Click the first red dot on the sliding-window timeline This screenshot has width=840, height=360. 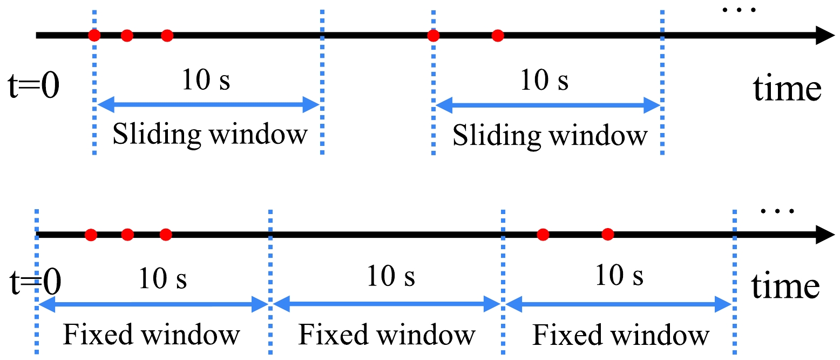pyautogui.click(x=94, y=36)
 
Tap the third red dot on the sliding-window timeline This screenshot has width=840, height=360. pyautogui.click(x=167, y=36)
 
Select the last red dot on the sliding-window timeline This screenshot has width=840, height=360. pyautogui.click(x=498, y=36)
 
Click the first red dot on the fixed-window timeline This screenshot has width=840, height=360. pyautogui.click(x=91, y=235)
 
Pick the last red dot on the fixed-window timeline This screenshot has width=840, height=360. pyautogui.click(x=608, y=234)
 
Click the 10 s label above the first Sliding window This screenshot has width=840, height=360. pyautogui.click(x=206, y=81)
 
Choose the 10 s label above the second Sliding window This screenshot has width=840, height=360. pyautogui.click(x=544, y=81)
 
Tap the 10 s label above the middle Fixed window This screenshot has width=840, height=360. pyautogui.click(x=391, y=277)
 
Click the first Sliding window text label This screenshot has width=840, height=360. pyautogui.click(x=209, y=135)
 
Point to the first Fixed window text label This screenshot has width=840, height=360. pyautogui.click(x=151, y=335)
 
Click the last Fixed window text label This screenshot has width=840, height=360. pyautogui.click(x=620, y=335)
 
